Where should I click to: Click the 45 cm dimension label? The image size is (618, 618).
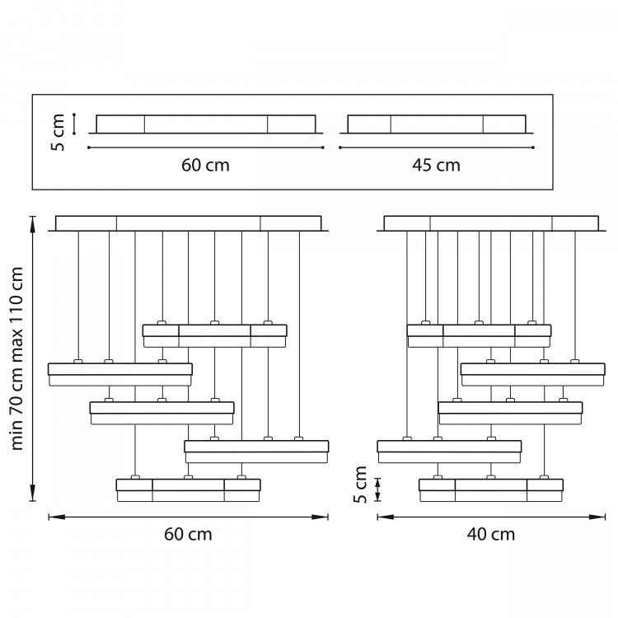point(436,165)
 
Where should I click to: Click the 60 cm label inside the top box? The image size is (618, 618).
point(205,165)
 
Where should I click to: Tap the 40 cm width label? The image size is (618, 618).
point(491,535)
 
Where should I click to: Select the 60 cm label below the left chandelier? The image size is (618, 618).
point(188,535)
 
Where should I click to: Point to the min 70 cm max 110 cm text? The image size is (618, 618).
point(17,358)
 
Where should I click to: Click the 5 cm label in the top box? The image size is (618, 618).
point(58,133)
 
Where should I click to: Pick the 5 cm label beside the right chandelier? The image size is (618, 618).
point(360,485)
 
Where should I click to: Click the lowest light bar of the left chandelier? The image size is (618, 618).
point(189,490)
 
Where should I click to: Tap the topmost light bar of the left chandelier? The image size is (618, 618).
point(215,336)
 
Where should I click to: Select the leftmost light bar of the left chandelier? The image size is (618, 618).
point(120,374)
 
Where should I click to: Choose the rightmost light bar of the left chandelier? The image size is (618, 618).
point(256,452)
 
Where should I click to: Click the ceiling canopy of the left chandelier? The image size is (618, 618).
point(189,223)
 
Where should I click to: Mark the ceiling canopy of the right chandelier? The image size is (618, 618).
point(491,223)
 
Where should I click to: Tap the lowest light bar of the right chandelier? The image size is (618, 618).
point(491,490)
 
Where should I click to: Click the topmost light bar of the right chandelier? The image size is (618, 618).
point(480,336)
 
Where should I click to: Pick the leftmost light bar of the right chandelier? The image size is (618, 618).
point(449,452)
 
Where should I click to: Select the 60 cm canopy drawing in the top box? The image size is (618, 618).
point(206,124)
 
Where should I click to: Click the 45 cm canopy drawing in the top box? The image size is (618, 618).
point(437,124)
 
